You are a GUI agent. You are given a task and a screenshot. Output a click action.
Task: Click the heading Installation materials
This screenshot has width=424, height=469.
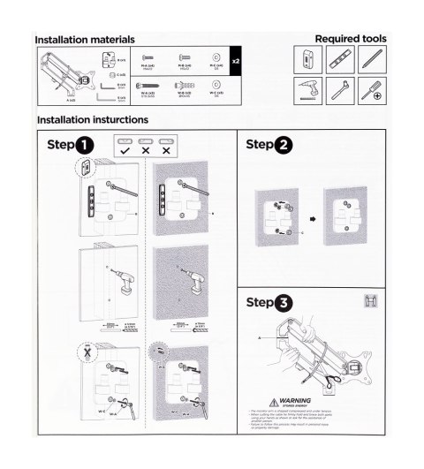tap(84, 40)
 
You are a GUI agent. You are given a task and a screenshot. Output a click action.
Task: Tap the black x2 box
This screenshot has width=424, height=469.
tap(234, 63)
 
